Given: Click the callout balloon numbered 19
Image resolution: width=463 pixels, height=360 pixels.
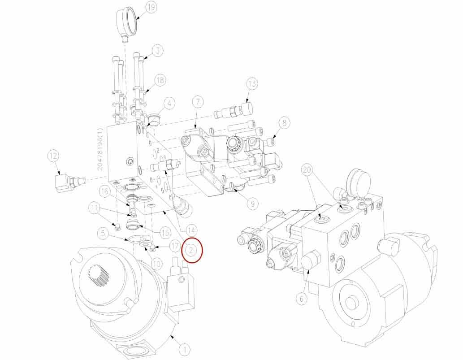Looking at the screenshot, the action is pyautogui.click(x=151, y=8).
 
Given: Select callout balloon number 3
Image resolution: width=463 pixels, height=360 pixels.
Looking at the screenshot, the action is pyautogui.click(x=158, y=51).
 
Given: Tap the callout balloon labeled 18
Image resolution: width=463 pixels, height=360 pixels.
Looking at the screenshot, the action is pyautogui.click(x=160, y=80).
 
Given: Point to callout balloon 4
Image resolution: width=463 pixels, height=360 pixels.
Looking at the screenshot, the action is pyautogui.click(x=169, y=104).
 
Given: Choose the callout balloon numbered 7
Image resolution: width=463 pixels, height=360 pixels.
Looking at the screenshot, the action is pyautogui.click(x=198, y=102).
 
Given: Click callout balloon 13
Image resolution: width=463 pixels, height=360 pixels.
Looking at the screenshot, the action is pyautogui.click(x=252, y=84).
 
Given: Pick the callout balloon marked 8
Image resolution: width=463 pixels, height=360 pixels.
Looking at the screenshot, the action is pyautogui.click(x=284, y=122).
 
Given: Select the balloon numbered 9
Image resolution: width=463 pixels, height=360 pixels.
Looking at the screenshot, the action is pyautogui.click(x=253, y=203).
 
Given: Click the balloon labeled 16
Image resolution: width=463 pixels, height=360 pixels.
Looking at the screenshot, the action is pyautogui.click(x=104, y=192).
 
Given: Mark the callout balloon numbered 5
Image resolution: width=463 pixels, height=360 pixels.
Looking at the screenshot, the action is pyautogui.click(x=103, y=233).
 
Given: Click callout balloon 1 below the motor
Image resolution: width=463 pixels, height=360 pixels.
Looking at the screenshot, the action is pyautogui.click(x=185, y=350).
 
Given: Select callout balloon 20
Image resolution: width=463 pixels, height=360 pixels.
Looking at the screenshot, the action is pyautogui.click(x=307, y=170).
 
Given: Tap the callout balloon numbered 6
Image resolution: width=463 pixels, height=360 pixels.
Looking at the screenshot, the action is pyautogui.click(x=302, y=299).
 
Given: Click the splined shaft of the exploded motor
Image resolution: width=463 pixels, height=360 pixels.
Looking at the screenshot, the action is pyautogui.click(x=98, y=276).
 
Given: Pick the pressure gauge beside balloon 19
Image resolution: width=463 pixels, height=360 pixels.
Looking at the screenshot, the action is pyautogui.click(x=127, y=24).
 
